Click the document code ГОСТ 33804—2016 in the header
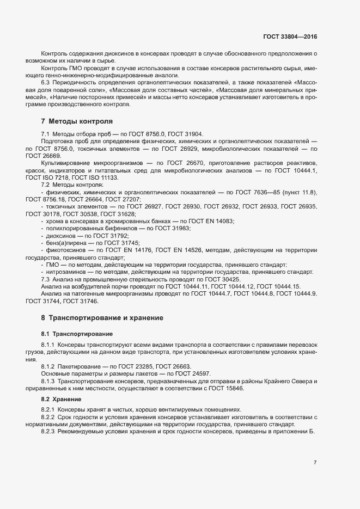290,36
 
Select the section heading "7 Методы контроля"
77,120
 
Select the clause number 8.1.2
50,366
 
